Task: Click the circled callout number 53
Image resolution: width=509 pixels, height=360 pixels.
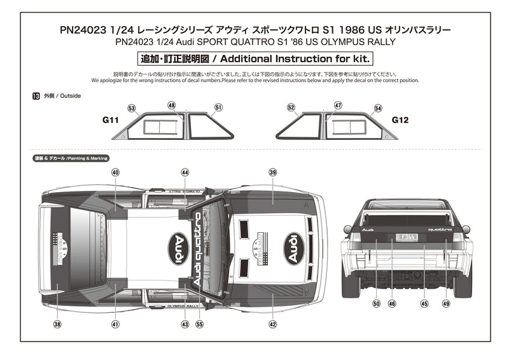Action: point(132,108)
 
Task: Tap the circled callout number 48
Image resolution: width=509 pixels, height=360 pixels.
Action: point(172,105)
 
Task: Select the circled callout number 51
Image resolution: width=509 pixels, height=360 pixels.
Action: point(218,108)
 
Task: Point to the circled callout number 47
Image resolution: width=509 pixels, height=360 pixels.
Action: point(338,105)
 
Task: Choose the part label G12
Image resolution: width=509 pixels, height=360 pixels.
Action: point(400,120)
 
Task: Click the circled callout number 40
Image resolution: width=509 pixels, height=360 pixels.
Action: point(115,172)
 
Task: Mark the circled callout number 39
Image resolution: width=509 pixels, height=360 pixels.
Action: point(273,172)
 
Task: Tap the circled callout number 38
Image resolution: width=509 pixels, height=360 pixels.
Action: point(57,324)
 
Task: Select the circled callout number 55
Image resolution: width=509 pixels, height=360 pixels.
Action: point(200,324)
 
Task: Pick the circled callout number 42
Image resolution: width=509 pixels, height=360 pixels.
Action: point(273,324)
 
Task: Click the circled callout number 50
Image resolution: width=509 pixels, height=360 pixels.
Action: point(376,303)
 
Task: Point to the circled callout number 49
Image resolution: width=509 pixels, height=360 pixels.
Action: point(445,303)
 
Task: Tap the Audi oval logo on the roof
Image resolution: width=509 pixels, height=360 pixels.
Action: point(180,248)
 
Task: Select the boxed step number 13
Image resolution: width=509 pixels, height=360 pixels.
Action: point(35,96)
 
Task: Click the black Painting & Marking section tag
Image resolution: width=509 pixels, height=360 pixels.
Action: point(71,158)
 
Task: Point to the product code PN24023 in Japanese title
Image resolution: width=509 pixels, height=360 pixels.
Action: point(82,30)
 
